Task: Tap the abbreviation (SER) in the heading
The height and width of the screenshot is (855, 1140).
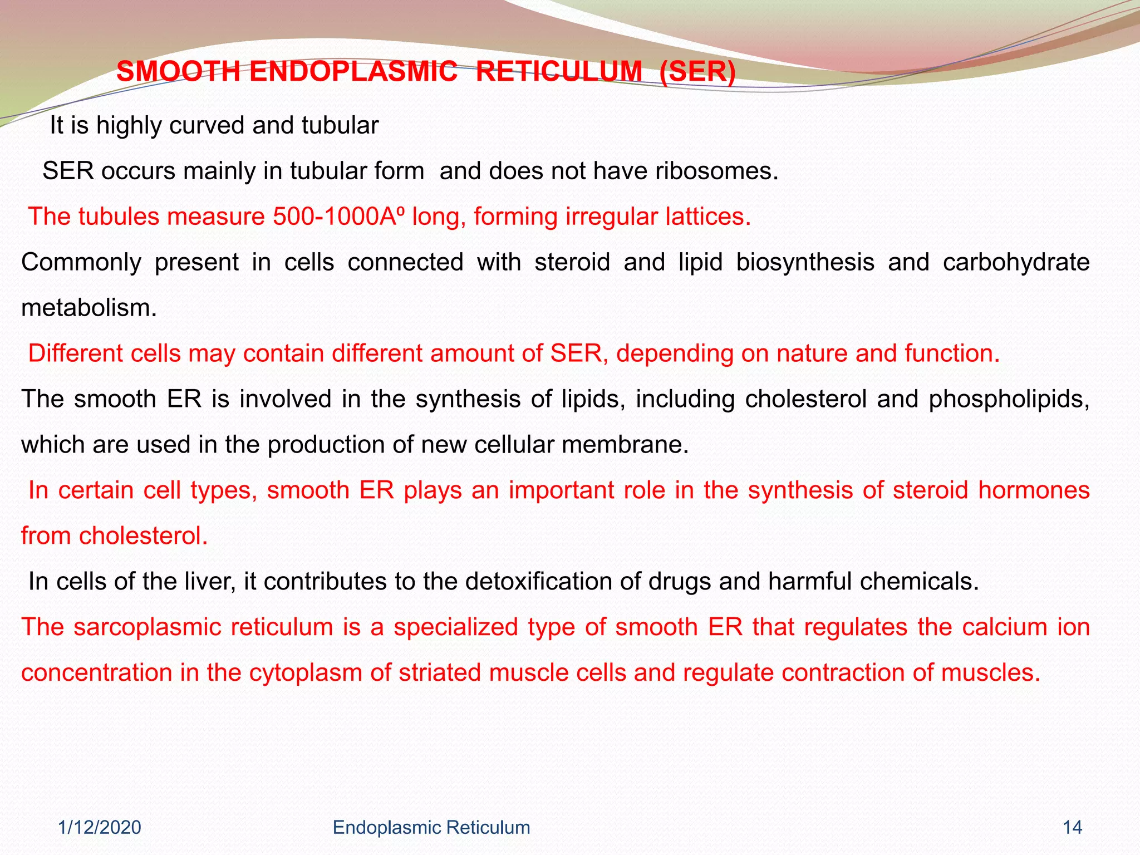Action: pos(697,72)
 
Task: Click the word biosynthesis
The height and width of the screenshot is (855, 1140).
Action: pos(805,262)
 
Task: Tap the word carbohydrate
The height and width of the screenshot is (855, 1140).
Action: pos(1016,262)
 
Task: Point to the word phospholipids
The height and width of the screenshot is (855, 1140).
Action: pos(1009,399)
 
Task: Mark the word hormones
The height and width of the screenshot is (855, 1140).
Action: pos(1034,490)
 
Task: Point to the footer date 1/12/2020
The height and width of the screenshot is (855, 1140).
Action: pos(100,828)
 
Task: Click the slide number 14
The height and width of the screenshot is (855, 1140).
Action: pos(1072,828)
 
